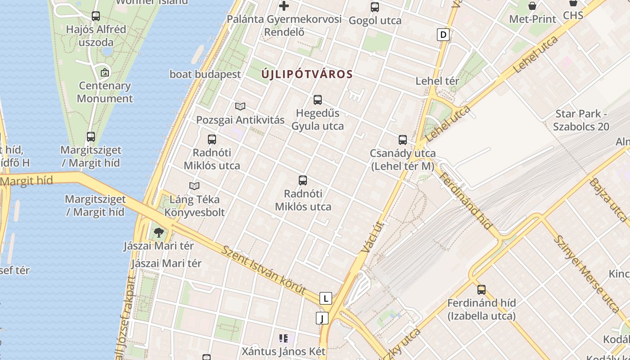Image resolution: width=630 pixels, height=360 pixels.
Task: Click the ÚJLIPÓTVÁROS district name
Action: (307, 74)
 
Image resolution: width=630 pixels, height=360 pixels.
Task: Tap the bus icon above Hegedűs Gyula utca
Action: (318, 100)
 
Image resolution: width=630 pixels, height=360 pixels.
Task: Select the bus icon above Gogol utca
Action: (375, 7)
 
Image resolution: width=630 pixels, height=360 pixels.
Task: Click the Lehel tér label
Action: (437, 81)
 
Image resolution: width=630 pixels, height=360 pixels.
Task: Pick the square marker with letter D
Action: (443, 35)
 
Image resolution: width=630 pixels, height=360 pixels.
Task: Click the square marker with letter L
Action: (325, 298)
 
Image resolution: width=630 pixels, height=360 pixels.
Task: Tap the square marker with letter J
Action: (322, 318)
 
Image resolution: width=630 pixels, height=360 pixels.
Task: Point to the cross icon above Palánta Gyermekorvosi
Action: (284, 6)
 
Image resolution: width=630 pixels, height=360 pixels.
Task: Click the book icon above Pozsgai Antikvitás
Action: (240, 107)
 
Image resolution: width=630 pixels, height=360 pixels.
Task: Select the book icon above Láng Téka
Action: (194, 186)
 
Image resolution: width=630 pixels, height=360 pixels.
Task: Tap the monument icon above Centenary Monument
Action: (105, 72)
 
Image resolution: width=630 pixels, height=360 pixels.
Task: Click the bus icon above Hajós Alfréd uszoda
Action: (96, 16)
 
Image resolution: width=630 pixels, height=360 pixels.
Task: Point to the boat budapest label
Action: (205, 74)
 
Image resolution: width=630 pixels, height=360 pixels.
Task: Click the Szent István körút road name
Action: (264, 270)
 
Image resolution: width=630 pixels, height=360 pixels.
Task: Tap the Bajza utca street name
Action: (608, 200)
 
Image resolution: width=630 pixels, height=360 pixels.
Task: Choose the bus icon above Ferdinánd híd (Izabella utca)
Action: (481, 290)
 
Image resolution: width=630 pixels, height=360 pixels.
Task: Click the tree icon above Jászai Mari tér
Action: (158, 233)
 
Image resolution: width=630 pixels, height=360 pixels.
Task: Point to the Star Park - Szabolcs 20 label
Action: (581, 120)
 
